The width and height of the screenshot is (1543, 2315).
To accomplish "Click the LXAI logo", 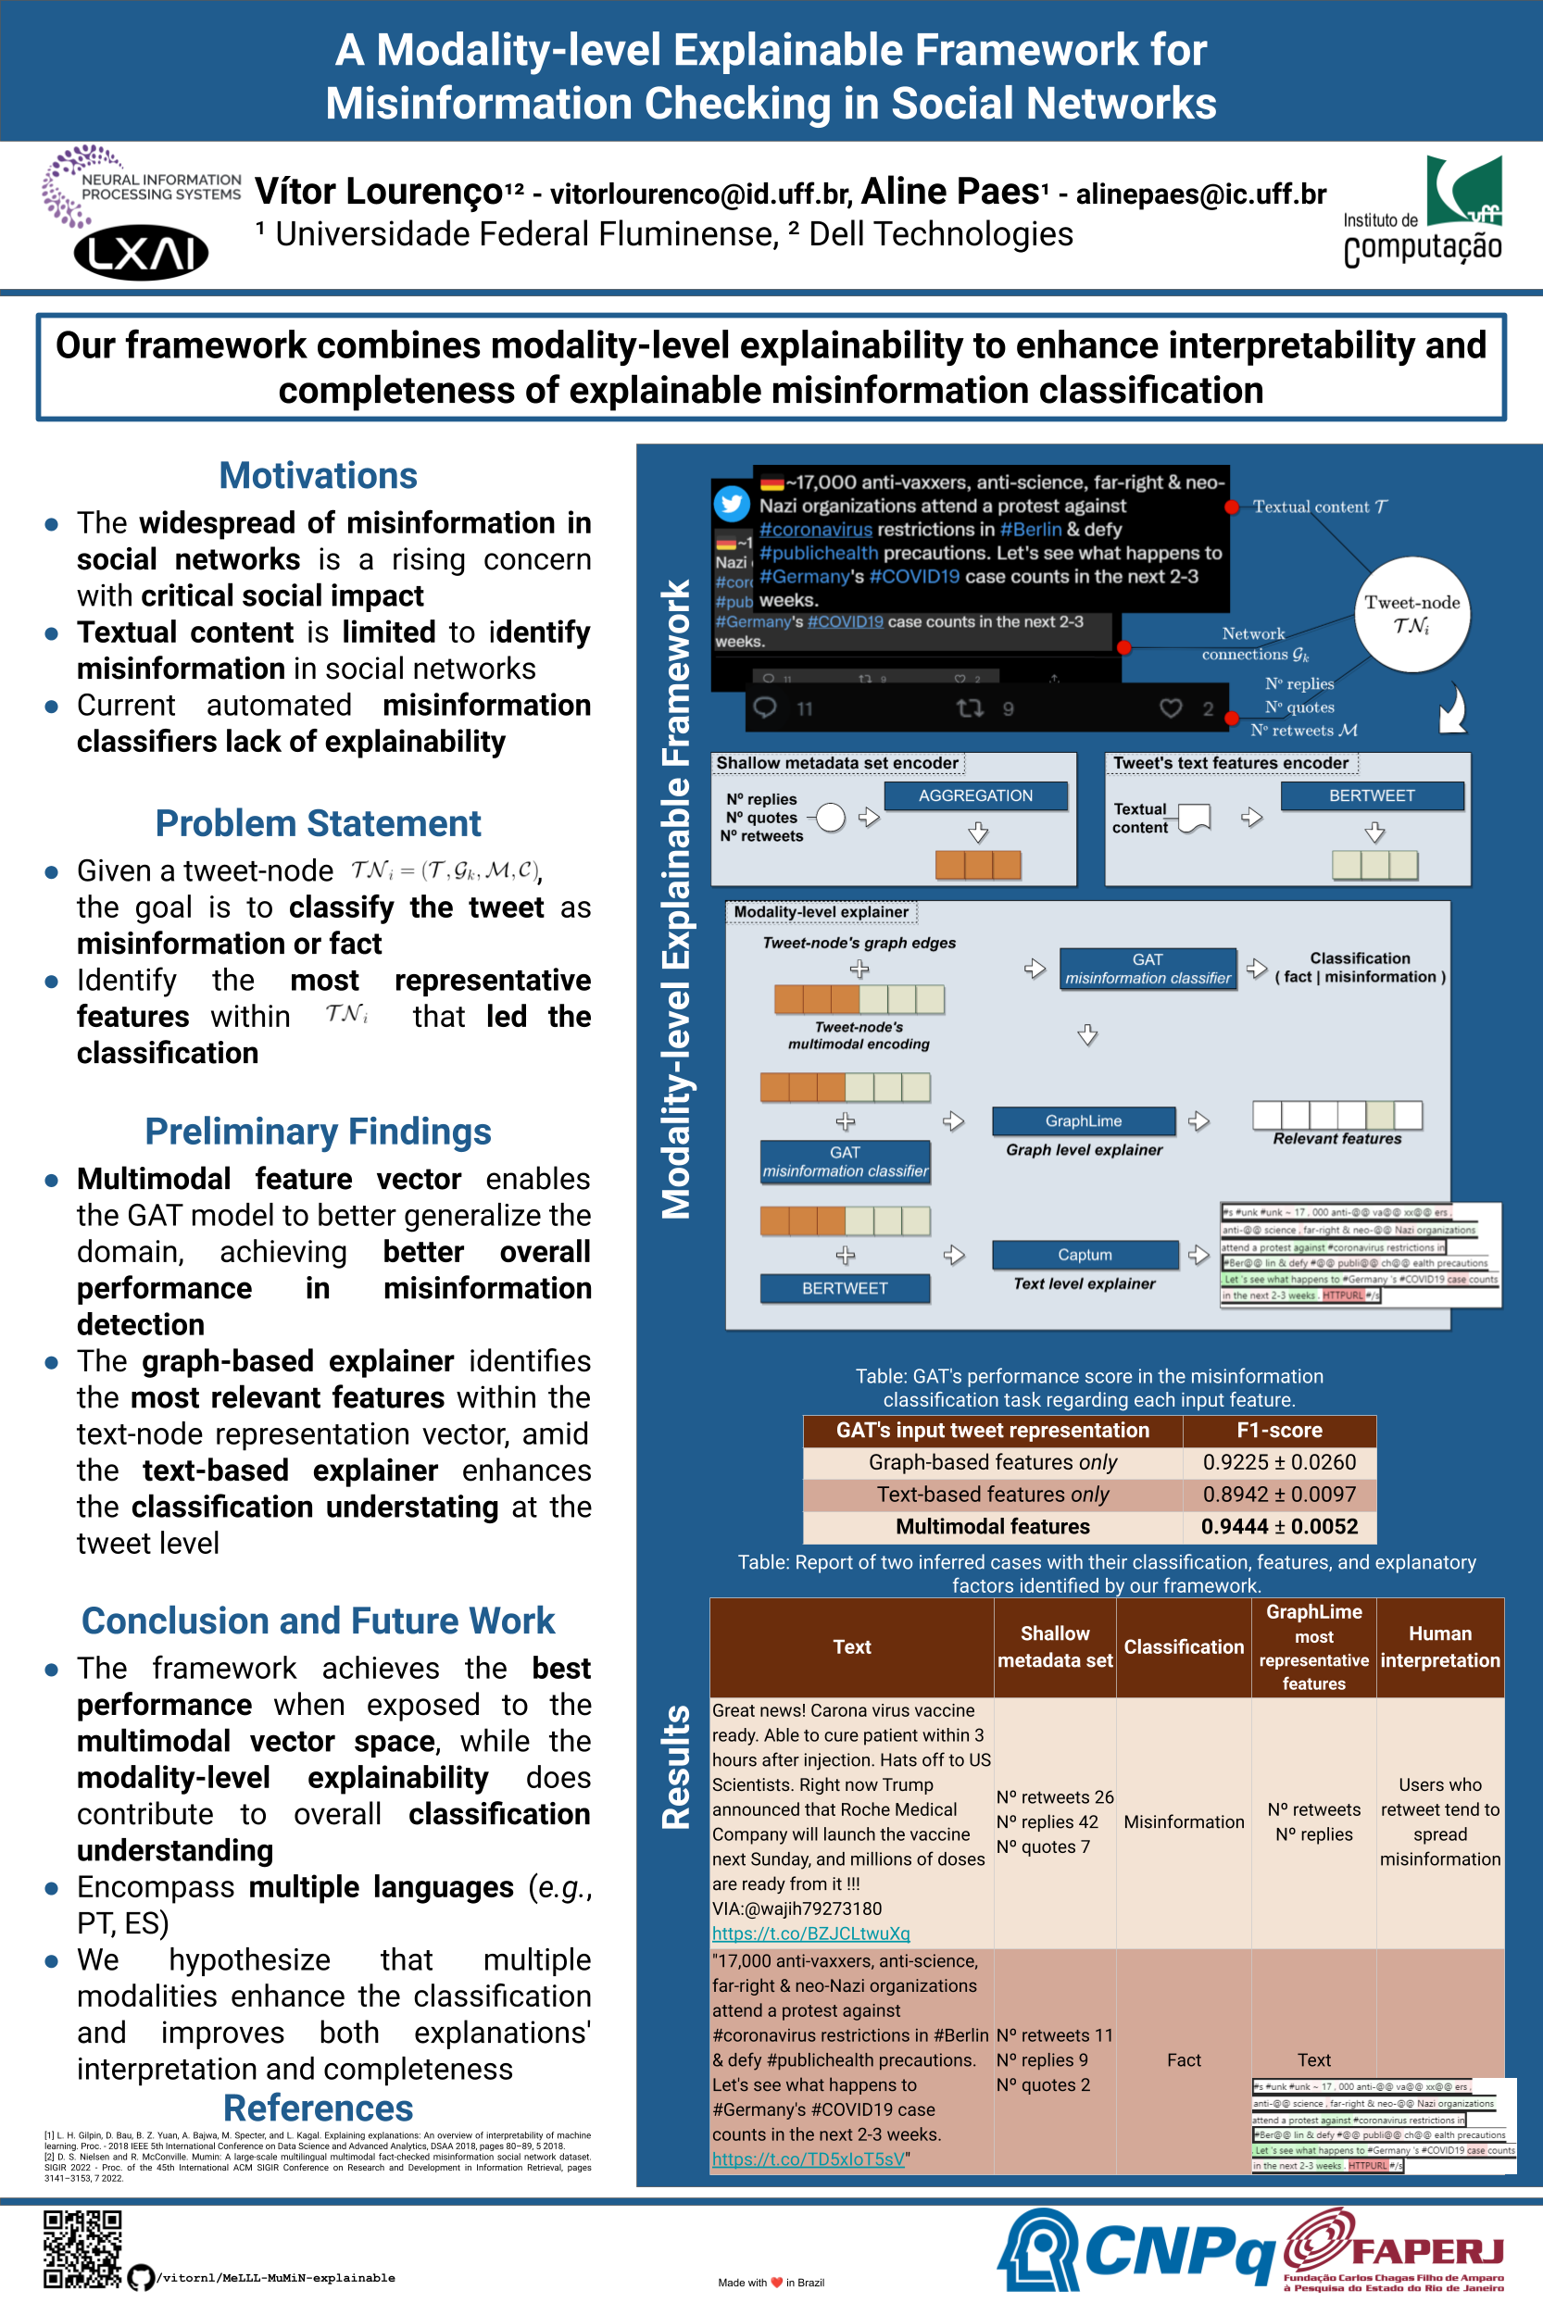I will point(141,254).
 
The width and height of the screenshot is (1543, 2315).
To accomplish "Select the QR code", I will point(82,2249).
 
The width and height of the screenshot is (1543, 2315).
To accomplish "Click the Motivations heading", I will point(318,476).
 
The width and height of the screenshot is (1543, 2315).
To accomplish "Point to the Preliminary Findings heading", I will point(318,1132).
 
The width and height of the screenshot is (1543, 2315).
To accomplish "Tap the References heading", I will point(318,2109).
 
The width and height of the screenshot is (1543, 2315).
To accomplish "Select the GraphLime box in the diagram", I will point(1084,1121).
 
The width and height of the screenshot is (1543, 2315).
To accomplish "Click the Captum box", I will point(1085,1256).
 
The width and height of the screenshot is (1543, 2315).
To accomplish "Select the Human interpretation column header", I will point(1439,1647).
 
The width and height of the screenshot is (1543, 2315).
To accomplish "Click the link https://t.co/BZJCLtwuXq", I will point(811,1933).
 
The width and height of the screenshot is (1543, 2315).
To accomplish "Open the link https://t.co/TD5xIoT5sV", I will point(808,2159).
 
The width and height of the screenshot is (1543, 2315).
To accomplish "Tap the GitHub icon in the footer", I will point(141,2278).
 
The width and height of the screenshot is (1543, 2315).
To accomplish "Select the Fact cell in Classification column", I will point(1184,2060).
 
